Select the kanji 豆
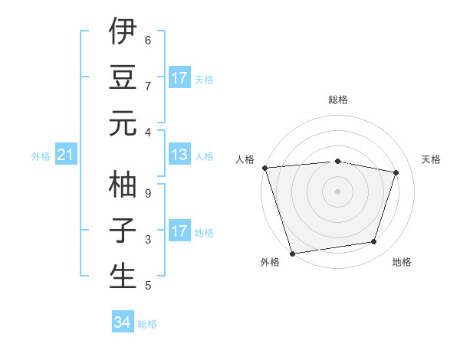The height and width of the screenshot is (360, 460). (x=123, y=77)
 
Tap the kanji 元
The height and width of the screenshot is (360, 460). (x=123, y=123)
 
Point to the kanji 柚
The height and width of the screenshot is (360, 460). (x=123, y=184)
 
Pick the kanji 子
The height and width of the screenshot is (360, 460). (x=123, y=231)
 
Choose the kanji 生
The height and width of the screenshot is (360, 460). (x=123, y=276)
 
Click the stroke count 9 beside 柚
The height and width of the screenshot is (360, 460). (x=148, y=194)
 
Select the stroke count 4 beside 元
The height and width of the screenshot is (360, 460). (x=148, y=133)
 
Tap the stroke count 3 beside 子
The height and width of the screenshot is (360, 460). (x=148, y=241)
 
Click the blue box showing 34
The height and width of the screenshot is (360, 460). (x=123, y=322)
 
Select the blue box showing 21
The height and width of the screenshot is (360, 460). (x=66, y=156)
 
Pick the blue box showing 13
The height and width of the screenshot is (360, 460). (x=179, y=155)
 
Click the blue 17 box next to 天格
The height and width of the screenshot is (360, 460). (x=179, y=78)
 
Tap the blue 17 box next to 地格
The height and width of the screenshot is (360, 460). (x=179, y=231)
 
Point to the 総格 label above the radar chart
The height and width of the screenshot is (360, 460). (x=338, y=100)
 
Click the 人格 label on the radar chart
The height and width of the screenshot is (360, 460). (x=245, y=159)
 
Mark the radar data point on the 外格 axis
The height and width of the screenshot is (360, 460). (x=292, y=253)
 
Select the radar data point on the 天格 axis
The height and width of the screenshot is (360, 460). (x=396, y=172)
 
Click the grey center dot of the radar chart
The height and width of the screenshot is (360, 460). (x=338, y=191)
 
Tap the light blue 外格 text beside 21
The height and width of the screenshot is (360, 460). (x=41, y=156)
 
